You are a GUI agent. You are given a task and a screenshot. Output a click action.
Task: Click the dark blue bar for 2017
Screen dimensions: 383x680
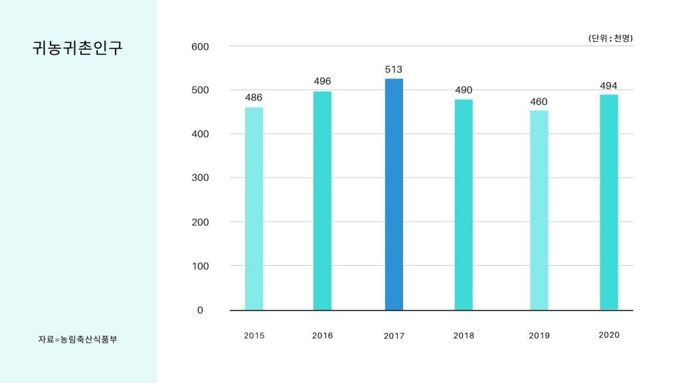click(394, 194)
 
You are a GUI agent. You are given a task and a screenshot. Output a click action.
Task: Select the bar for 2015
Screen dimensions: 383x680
click(254, 209)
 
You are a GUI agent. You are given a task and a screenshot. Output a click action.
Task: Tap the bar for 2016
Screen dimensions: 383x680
click(322, 201)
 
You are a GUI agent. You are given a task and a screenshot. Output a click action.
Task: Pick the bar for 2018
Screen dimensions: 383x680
click(464, 205)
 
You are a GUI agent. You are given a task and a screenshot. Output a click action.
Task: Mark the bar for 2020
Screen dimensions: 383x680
click(609, 202)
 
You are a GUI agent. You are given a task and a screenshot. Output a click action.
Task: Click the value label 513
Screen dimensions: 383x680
click(394, 69)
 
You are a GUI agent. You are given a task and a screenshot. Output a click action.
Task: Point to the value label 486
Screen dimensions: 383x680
click(254, 98)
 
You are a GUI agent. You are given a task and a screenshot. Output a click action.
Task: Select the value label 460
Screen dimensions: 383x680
click(539, 102)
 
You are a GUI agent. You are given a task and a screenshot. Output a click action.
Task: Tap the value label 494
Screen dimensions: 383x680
click(609, 86)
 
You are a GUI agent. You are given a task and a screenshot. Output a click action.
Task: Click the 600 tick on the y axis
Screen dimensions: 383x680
click(201, 47)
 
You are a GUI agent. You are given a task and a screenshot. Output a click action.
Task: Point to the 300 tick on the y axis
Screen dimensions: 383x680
click(201, 178)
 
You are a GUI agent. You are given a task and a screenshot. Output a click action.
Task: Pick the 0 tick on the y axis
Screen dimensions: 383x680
click(200, 311)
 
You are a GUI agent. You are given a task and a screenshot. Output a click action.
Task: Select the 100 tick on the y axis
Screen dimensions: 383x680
click(201, 266)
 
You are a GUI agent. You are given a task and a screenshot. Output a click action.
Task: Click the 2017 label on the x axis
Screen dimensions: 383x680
click(394, 336)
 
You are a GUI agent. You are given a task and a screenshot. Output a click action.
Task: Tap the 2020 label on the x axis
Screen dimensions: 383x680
click(609, 335)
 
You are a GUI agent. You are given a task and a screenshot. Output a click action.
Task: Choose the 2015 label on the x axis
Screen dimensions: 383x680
click(254, 336)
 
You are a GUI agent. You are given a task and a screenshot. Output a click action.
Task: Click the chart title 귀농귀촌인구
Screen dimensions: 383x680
click(78, 49)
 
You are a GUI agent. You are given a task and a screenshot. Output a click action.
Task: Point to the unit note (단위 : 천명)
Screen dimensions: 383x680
click(610, 39)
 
